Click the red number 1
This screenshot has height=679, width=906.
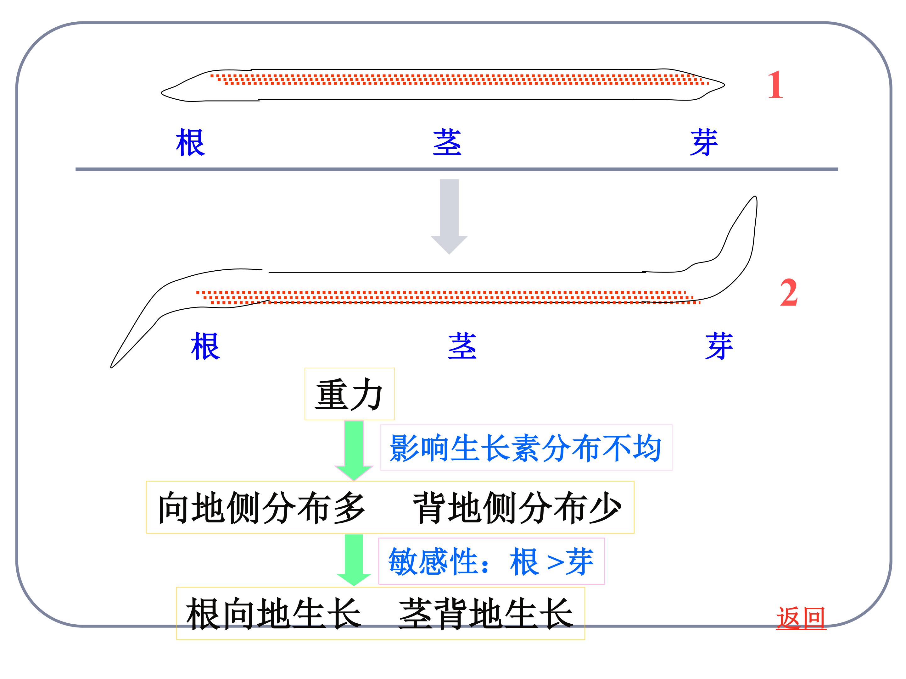coord(775,85)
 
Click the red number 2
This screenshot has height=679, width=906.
coord(789,293)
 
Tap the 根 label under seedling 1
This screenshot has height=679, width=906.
coord(190,142)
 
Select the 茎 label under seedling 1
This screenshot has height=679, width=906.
coord(447,142)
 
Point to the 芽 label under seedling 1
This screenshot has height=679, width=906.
coord(704,142)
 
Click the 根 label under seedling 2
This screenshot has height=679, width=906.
coord(206,346)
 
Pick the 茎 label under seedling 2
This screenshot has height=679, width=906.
coord(462,346)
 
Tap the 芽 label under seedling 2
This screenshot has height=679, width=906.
coord(719,346)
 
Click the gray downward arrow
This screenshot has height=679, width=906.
coord(449,217)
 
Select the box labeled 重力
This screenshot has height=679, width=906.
coord(350,394)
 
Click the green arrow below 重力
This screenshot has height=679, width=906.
coord(354,450)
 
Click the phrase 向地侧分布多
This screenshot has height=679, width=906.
coord(261,507)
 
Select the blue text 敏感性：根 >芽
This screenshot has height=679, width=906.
coord(491,561)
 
